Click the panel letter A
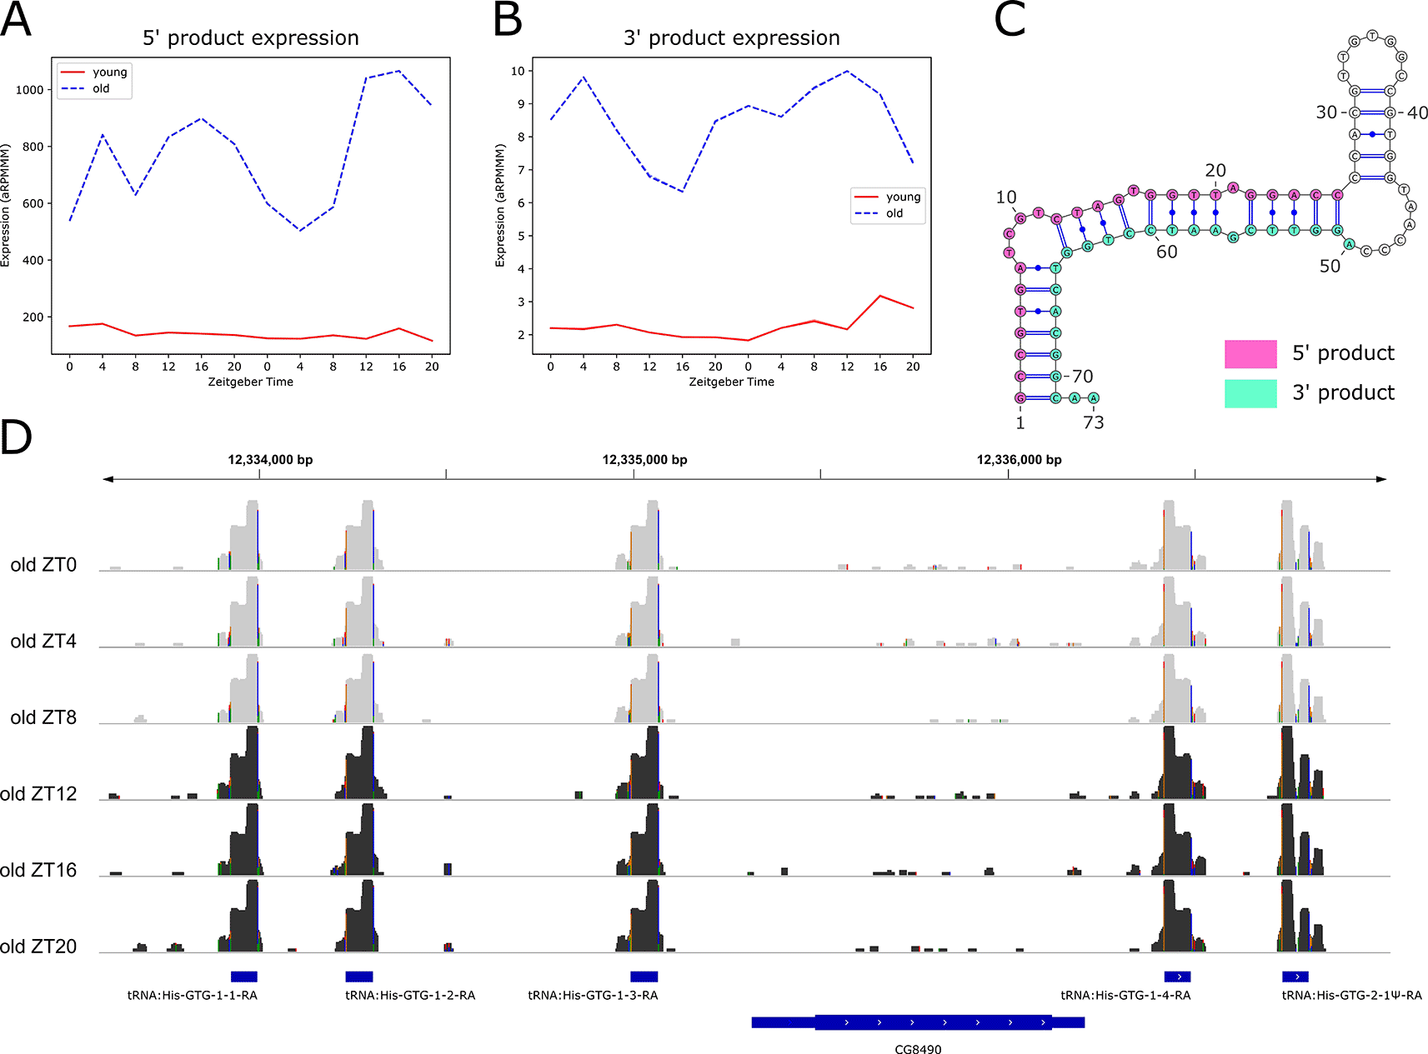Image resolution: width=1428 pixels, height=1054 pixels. tap(16, 20)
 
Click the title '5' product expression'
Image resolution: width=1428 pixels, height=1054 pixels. tap(250, 38)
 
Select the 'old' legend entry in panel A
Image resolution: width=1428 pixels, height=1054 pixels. tap(101, 88)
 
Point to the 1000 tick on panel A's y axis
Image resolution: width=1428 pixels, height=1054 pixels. tap(29, 90)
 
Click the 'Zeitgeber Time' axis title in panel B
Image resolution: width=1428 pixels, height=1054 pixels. tap(731, 382)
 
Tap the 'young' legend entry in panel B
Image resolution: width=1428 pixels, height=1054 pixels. tap(903, 197)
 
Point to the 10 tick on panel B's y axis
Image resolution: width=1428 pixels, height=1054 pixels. tap(518, 71)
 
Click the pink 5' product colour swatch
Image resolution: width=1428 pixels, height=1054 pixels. tap(1250, 354)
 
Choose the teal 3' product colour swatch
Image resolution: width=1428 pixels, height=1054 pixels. tap(1250, 393)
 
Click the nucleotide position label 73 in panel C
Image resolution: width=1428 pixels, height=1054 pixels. tap(1093, 422)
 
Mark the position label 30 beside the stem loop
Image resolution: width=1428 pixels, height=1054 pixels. tap(1325, 112)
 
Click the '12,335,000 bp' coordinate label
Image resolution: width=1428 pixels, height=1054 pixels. tap(644, 460)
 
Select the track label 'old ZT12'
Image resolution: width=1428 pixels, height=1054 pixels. tap(38, 794)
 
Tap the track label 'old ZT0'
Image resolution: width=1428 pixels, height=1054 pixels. tap(43, 565)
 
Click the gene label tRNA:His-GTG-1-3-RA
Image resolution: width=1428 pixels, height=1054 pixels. tap(593, 995)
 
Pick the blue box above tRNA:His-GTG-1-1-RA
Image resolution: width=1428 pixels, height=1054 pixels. tap(243, 977)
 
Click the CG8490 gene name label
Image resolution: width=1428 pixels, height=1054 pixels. tap(918, 1049)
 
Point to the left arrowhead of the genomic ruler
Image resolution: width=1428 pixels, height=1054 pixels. tap(108, 479)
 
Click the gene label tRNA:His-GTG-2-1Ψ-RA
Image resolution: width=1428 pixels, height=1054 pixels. tap(1351, 995)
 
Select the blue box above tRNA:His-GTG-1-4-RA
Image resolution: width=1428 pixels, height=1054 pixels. tap(1177, 977)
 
